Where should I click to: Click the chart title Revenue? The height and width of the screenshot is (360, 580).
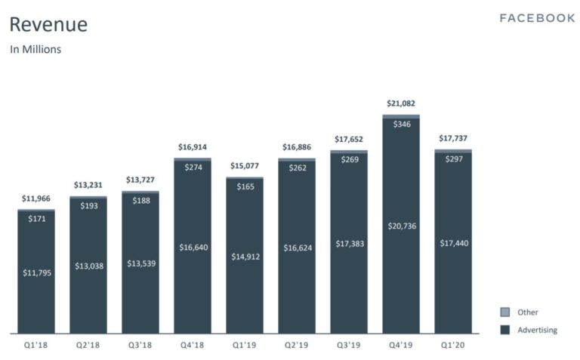click(x=48, y=25)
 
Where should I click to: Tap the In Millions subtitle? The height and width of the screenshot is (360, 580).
click(x=35, y=50)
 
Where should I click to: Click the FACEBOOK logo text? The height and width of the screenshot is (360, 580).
click(x=537, y=18)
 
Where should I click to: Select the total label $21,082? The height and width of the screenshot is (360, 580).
click(x=400, y=103)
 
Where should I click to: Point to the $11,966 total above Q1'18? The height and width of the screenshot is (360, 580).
click(x=35, y=198)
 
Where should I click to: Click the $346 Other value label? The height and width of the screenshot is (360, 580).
click(x=400, y=123)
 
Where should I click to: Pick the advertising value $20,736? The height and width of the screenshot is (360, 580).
click(x=400, y=226)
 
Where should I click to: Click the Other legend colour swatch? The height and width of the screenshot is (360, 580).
click(x=504, y=312)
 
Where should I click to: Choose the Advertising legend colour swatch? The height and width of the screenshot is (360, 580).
click(x=504, y=330)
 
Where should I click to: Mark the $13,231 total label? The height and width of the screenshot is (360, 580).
click(x=88, y=185)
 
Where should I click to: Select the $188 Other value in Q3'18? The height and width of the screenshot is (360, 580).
click(x=140, y=200)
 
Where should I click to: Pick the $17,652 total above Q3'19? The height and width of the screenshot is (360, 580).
click(x=348, y=139)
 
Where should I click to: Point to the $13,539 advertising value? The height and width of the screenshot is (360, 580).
click(x=140, y=265)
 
